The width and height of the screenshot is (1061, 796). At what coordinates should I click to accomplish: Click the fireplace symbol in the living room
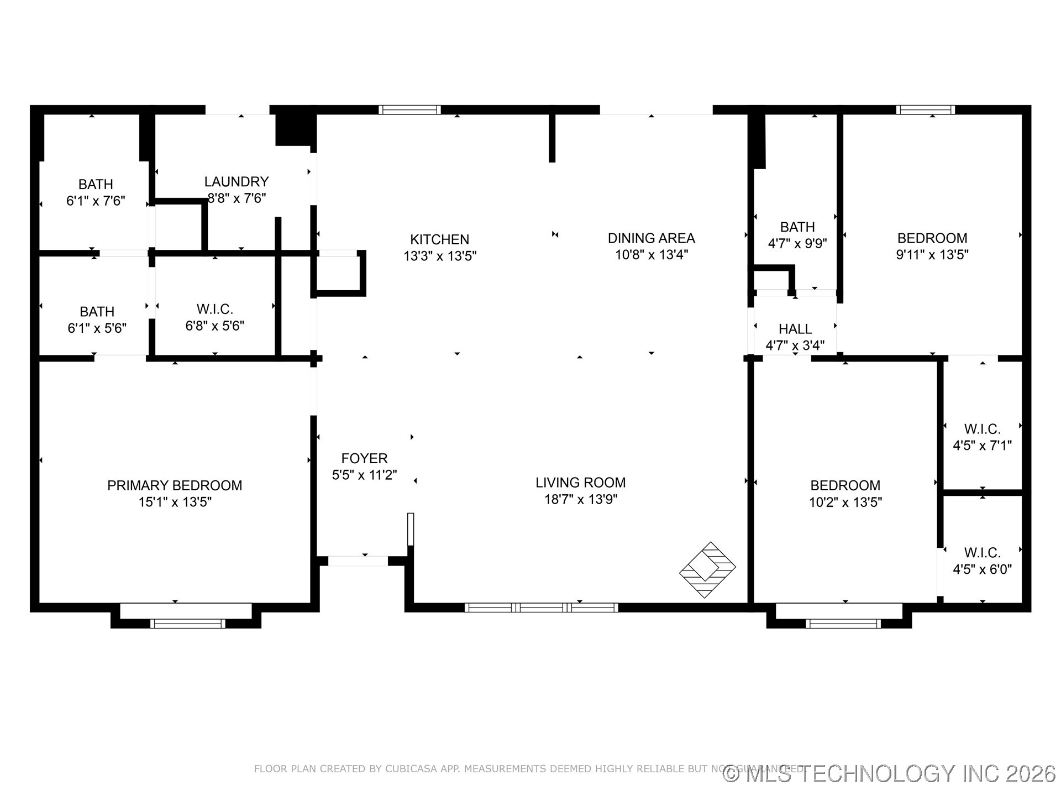point(707,569)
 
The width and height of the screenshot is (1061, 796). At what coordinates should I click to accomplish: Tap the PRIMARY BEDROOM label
point(175,485)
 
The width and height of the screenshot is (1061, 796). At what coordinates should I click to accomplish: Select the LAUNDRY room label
point(237,181)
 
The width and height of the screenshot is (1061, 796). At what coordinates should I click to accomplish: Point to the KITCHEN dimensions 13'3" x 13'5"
point(440,256)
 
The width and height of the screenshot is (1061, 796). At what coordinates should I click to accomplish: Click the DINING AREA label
point(651,238)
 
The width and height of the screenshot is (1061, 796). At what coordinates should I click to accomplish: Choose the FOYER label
point(364,458)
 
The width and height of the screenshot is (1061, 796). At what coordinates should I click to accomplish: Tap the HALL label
point(795,329)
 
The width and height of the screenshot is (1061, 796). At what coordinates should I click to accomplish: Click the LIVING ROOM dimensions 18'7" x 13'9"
point(580,499)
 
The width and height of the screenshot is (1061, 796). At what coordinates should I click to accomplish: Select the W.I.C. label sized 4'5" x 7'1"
point(982,429)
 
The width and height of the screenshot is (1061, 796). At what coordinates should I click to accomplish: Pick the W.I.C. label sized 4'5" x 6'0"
point(982,553)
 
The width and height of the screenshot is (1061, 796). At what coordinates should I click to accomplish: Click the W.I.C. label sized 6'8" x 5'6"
point(214,309)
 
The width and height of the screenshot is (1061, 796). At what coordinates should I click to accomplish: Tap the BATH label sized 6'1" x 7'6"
point(96,184)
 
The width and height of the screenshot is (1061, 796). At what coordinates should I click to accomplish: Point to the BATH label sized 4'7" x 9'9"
point(797,227)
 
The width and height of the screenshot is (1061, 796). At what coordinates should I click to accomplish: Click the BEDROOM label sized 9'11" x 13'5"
point(932,238)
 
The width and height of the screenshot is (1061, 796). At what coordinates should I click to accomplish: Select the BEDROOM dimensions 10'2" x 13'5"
point(845,502)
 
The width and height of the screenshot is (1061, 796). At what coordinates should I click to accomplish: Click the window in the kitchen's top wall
point(409,109)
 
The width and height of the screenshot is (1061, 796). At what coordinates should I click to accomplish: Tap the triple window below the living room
point(541,608)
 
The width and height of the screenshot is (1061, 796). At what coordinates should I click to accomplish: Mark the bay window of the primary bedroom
point(187,624)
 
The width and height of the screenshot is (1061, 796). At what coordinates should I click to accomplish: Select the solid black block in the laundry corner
point(293,130)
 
